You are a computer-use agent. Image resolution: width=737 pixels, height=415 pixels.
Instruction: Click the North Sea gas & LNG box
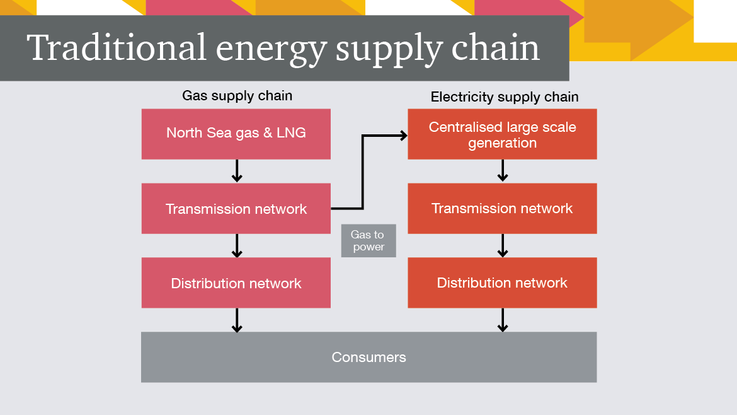[236, 134]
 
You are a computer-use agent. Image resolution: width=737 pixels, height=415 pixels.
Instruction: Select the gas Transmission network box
[236, 209]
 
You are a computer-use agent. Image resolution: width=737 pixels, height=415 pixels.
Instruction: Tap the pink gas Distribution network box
[236, 283]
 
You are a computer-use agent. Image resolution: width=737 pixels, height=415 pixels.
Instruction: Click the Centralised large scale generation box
[502, 134]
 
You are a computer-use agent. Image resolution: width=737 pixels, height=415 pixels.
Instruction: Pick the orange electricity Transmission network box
[502, 209]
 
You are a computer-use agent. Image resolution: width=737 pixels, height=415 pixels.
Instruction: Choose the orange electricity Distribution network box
[502, 283]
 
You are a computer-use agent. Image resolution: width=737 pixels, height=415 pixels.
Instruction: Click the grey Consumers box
[368, 357]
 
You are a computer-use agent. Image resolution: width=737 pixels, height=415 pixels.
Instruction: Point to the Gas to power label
[368, 241]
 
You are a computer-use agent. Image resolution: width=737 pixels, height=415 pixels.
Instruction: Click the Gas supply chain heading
[237, 96]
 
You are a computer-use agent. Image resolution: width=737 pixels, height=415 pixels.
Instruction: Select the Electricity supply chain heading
[505, 97]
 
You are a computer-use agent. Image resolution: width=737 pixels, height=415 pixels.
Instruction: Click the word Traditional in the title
[117, 48]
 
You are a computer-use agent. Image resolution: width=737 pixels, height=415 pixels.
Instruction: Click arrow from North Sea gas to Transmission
[237, 171]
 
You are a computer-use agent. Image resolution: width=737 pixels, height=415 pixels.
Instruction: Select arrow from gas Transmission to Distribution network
[237, 245]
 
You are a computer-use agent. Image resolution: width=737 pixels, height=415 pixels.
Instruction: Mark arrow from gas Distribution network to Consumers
[237, 320]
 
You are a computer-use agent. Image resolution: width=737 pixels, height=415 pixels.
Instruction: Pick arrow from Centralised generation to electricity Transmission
[503, 170]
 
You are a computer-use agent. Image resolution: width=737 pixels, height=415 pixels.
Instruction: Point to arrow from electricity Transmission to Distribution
[503, 245]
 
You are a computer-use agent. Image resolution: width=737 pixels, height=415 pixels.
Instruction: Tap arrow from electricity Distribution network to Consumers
[503, 320]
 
